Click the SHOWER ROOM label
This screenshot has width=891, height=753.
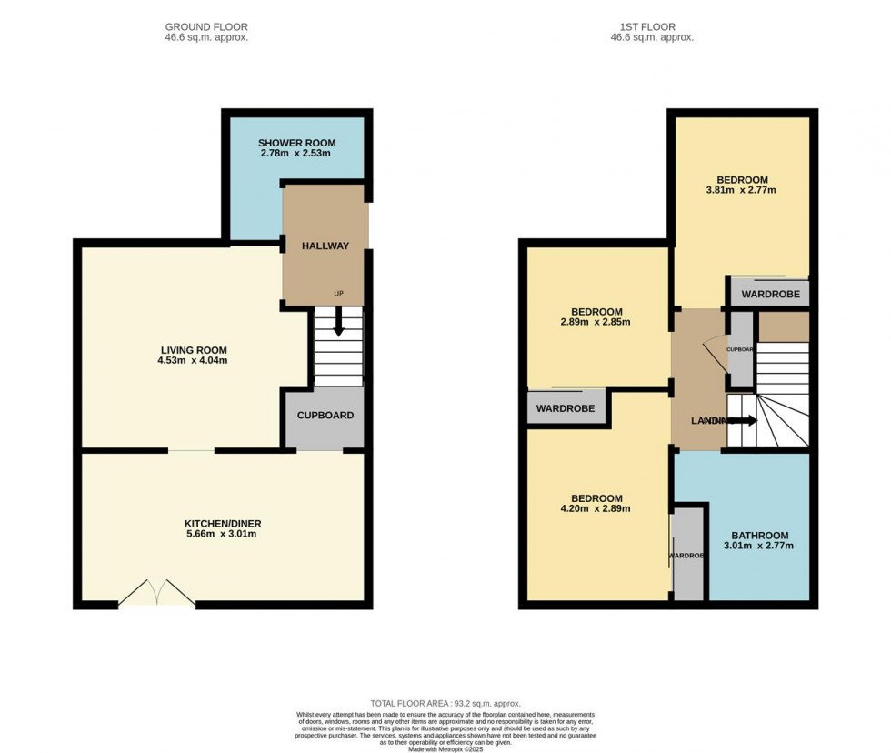pos(296,143)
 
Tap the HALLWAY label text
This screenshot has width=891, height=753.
pos(325,246)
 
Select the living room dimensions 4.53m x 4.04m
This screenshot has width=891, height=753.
pos(194,361)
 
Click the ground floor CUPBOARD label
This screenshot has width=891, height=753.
pos(325,416)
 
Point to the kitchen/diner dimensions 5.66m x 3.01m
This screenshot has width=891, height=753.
pos(223,535)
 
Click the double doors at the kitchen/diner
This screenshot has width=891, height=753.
pos(157,595)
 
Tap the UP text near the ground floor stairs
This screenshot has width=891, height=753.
pos(339,294)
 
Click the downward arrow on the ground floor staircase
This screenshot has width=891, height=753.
pos(338,324)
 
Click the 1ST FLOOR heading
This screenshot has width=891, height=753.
pos(652,27)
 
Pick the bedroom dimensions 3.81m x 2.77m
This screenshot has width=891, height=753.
pos(742,191)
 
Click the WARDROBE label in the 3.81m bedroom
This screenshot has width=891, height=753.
pos(770,295)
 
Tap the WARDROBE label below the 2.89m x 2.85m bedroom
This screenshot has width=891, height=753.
pos(565,409)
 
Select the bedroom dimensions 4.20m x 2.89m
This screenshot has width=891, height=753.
pos(596,509)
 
